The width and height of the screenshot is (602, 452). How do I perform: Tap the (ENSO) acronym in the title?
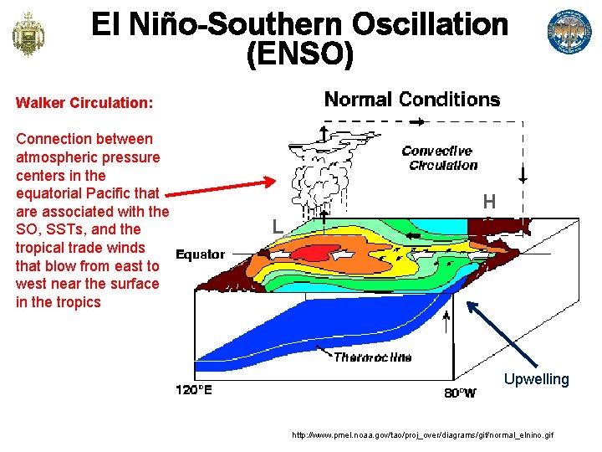point(300,55)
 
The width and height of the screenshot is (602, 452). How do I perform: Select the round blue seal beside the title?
point(569,33)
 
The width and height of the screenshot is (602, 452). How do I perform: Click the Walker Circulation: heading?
point(84,103)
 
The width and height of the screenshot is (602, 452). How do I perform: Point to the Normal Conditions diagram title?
point(411,100)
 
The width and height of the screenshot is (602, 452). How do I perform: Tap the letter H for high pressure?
point(489,202)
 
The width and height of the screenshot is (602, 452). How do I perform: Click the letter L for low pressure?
point(277,225)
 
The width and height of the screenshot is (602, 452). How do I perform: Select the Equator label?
point(200,254)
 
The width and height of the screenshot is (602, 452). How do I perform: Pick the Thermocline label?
point(373,357)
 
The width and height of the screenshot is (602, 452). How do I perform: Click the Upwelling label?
point(536,379)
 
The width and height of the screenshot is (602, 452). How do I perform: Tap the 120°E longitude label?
point(193,390)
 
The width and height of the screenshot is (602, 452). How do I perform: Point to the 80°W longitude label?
point(460,393)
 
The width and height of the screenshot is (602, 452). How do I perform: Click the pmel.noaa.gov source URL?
point(422,436)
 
